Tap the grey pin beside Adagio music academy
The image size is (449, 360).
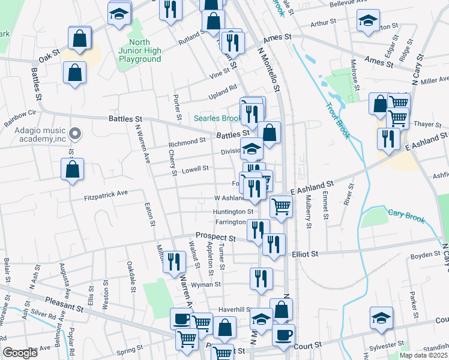pyautogui.click(x=74, y=133)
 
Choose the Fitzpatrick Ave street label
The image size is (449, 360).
pyautogui.click(x=106, y=194)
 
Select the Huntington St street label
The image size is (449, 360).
pyautogui.click(x=234, y=212)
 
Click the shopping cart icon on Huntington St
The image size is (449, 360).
pyautogui.click(x=281, y=206)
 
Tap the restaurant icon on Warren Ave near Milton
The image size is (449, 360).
pyautogui.click(x=174, y=262)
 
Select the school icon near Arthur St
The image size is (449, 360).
pyautogui.click(x=368, y=22)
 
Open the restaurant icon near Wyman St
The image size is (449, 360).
pyautogui.click(x=261, y=278)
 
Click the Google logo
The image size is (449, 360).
pyautogui.click(x=20, y=353)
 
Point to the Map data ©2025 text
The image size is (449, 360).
pyautogui.click(x=423, y=355)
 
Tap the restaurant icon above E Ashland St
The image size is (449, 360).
pyautogui.click(x=389, y=139)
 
